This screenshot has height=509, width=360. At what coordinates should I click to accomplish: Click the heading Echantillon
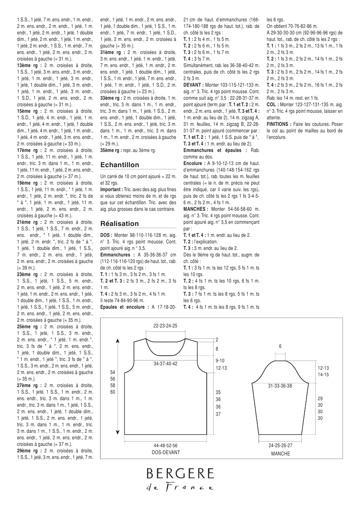120,165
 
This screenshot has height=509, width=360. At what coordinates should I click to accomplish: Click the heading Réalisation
119,223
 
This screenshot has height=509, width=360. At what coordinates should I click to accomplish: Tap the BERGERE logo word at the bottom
180,473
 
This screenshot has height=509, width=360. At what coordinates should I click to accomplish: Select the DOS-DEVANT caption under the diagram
166,452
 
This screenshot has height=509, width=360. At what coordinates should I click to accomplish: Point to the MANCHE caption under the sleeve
280,453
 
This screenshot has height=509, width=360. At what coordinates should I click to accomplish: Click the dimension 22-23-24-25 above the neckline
166,326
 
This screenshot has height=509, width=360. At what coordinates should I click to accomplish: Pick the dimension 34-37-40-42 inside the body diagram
166,364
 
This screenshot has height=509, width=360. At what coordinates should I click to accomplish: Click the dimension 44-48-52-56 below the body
166,446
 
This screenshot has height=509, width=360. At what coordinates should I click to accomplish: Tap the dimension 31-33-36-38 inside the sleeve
280,386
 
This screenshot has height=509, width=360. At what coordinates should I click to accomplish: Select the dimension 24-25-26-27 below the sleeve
280,446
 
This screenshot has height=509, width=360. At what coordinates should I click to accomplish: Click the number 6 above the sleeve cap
280,346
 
